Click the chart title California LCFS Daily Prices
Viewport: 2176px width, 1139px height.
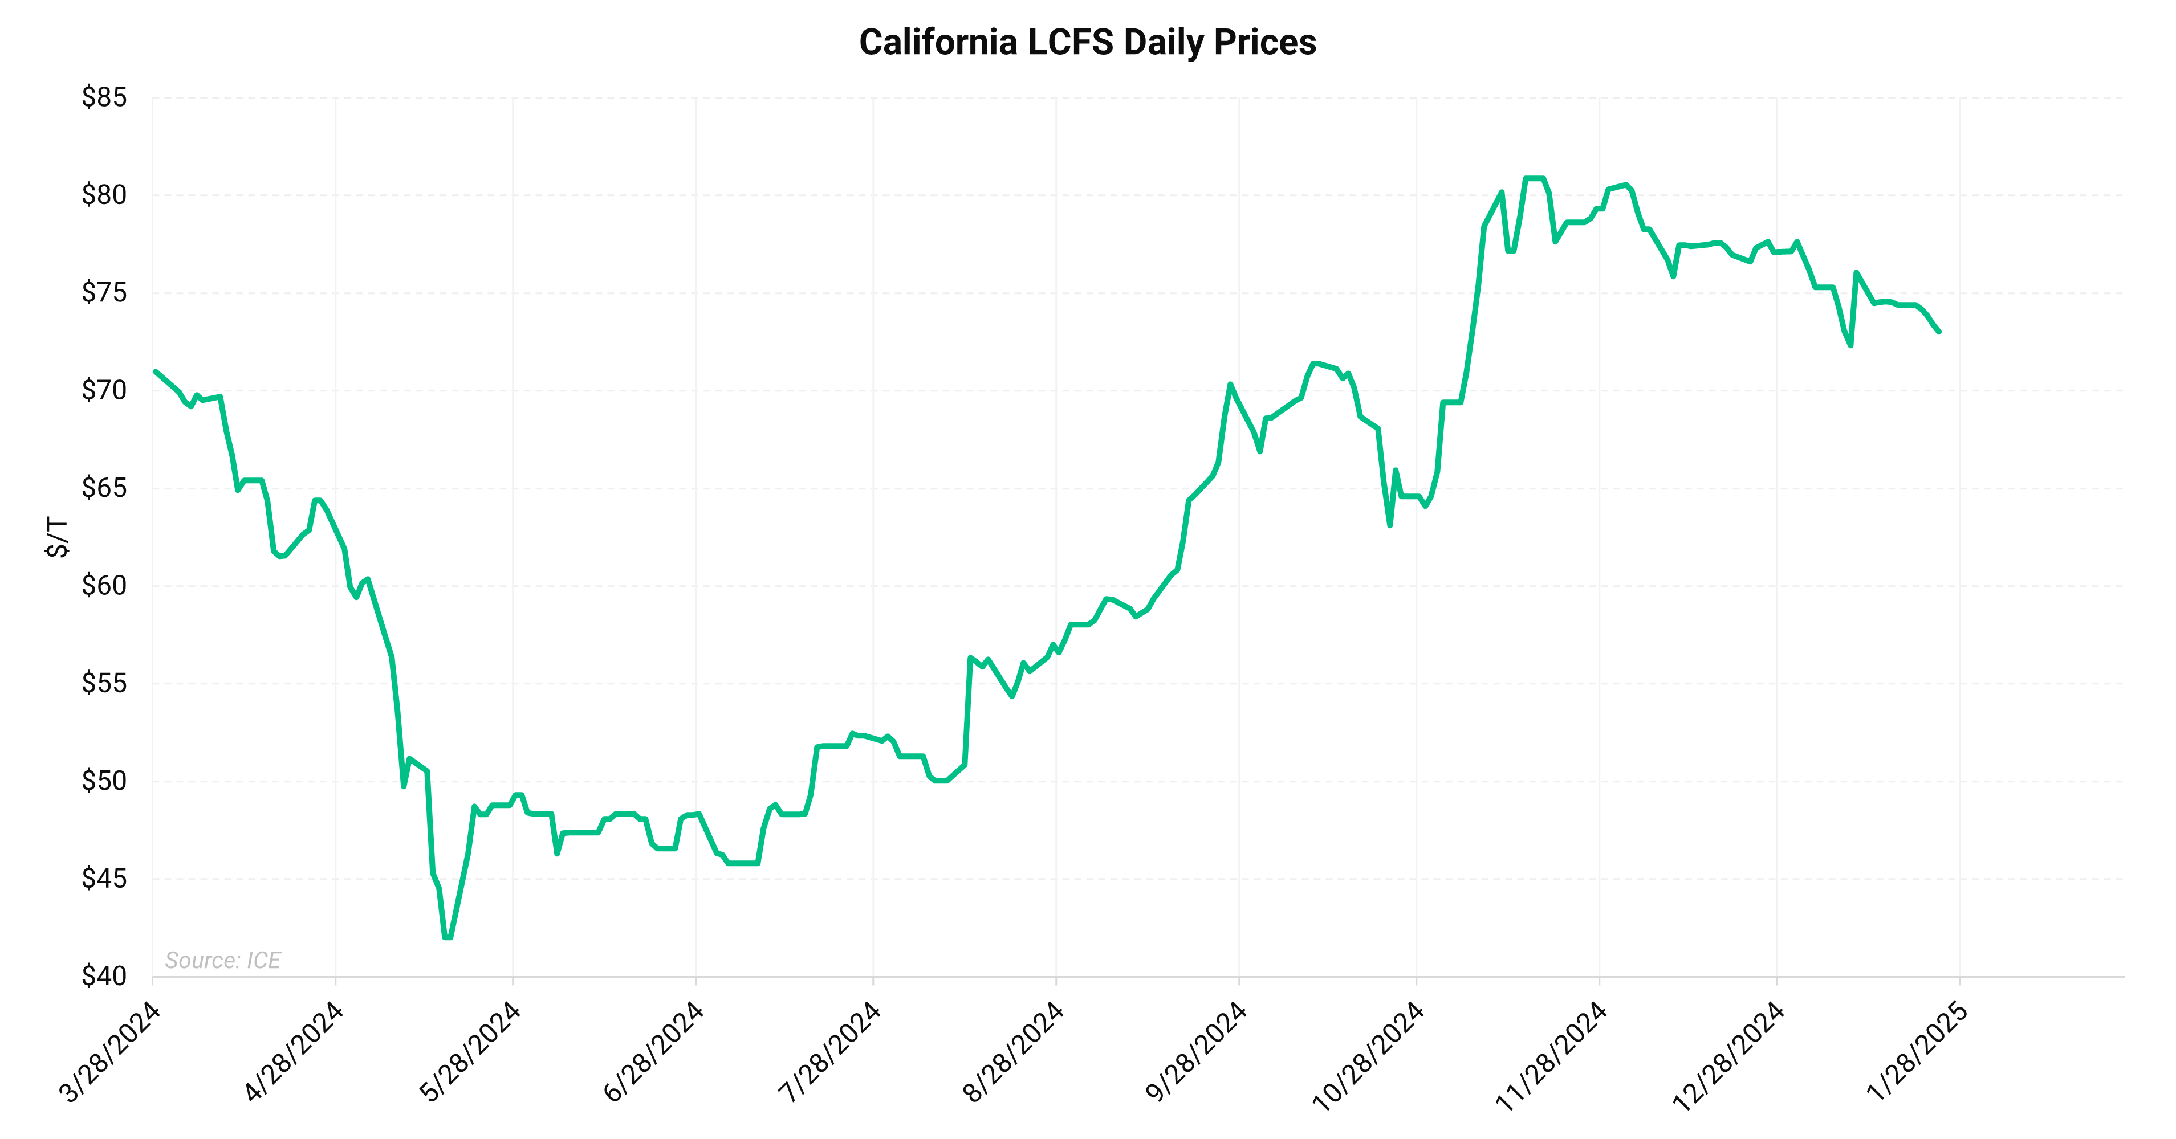click(1087, 42)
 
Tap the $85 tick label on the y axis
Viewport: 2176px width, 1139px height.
click(104, 98)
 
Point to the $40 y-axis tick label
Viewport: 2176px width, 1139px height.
click(104, 977)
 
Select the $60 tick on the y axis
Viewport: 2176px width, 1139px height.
click(104, 586)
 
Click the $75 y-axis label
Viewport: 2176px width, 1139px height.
click(104, 293)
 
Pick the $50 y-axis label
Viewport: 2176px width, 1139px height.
click(104, 781)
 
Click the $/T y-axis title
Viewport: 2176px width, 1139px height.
click(56, 537)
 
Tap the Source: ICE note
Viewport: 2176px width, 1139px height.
click(223, 960)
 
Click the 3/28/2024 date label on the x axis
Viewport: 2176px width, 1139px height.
click(111, 1051)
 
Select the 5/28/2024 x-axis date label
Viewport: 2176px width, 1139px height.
click(470, 1051)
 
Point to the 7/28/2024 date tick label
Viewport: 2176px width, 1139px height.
click(831, 1051)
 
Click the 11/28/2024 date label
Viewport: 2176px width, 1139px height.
click(1552, 1055)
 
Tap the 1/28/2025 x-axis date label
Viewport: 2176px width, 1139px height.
click(1918, 1051)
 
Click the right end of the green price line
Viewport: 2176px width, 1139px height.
click(1939, 332)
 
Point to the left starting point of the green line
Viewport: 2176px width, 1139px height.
click(156, 371)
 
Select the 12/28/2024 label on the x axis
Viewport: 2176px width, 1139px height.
click(1729, 1055)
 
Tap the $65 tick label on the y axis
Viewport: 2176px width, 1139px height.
click(104, 488)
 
